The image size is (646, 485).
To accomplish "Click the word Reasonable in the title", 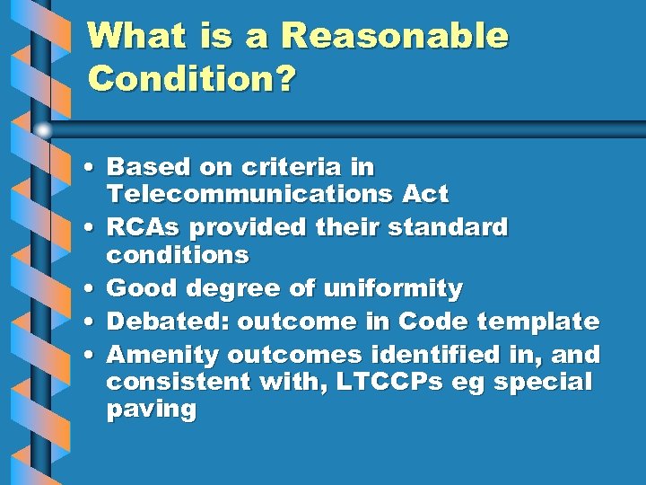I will coord(395,38).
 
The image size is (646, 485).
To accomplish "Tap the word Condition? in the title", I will coord(191,79).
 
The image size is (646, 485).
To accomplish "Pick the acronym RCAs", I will coord(144,227).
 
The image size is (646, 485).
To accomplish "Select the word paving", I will coord(151,411).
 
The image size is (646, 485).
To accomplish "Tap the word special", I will coord(545,382).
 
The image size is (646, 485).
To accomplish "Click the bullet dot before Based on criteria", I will coord(93,168).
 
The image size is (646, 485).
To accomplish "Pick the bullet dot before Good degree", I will coord(93,290).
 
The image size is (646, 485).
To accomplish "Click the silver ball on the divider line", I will coord(42,129).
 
